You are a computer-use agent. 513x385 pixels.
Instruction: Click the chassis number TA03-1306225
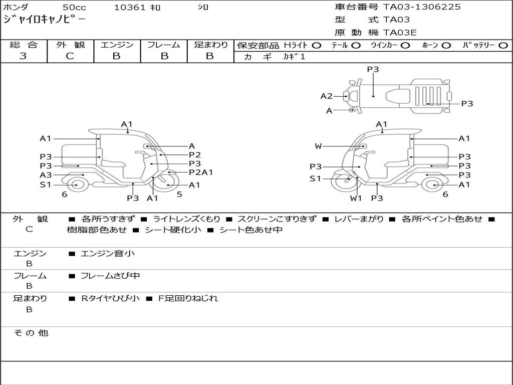[422, 7]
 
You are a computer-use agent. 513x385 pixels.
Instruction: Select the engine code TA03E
[400, 33]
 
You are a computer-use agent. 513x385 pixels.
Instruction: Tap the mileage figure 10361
[129, 7]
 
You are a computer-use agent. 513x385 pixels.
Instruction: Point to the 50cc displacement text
[74, 7]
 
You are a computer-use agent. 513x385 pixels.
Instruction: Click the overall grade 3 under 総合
[23, 56]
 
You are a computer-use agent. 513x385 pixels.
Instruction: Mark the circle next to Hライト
[317, 46]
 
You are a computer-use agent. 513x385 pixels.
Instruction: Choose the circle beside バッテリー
[503, 46]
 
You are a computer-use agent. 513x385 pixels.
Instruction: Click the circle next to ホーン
[446, 46]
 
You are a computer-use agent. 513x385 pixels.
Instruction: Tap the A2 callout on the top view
[326, 96]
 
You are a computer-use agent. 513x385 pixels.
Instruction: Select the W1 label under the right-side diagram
[356, 198]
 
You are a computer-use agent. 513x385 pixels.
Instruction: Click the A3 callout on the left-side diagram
[46, 175]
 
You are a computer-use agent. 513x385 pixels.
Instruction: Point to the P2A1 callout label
[201, 172]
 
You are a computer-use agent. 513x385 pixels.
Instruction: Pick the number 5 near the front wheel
[179, 194]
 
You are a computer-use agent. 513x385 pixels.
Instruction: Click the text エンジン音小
[107, 253]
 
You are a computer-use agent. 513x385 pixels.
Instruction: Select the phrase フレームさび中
[110, 276]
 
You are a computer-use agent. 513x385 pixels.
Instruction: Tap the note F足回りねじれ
[188, 298]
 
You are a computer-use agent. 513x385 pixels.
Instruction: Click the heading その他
[31, 333]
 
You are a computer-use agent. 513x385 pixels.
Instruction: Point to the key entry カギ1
[294, 57]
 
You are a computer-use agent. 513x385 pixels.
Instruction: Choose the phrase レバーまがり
[358, 219]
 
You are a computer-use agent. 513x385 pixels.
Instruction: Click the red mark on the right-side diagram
[354, 172]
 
